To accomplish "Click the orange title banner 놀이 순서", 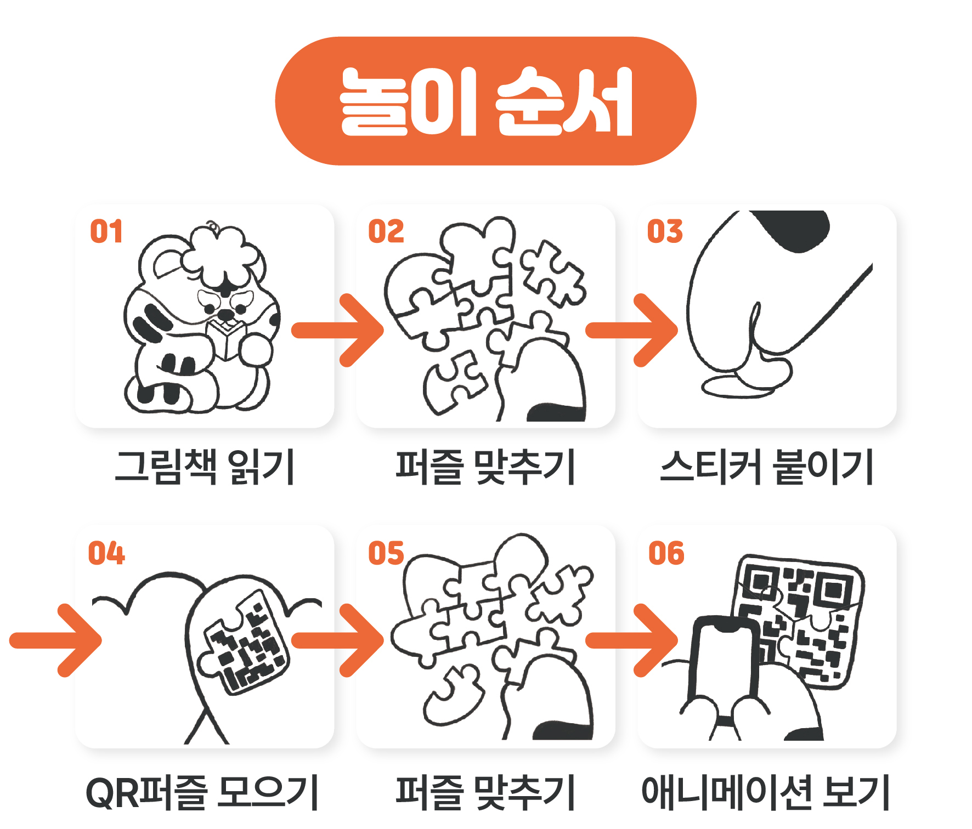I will point(485,101).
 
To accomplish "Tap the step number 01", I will point(106,231).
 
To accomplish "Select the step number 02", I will point(386,231).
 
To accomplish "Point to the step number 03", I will point(665,231).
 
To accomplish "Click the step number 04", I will point(106,553).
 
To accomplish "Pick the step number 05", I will point(386,553).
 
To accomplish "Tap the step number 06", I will point(666,553).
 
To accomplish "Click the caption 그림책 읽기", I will point(205,467).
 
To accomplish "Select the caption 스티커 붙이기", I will point(766,467).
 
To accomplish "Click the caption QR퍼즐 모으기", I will point(202,792).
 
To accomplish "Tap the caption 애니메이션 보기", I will point(765,792).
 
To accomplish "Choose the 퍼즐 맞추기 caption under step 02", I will point(485,467).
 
